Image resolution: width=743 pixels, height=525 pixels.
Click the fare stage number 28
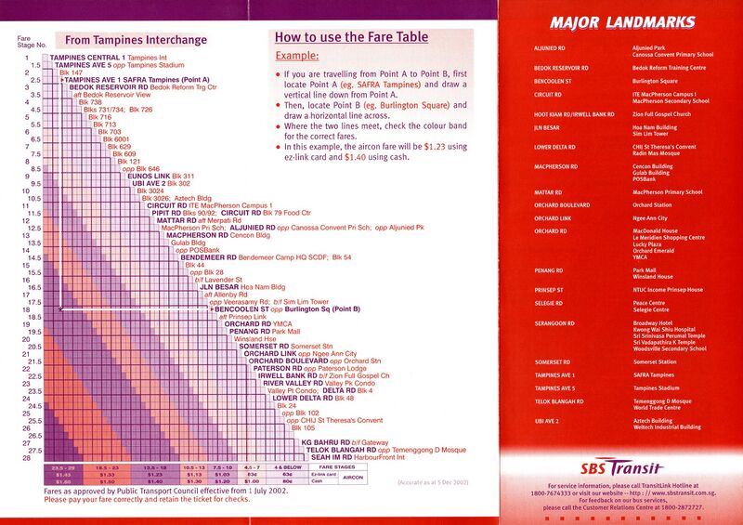click(x=28, y=458)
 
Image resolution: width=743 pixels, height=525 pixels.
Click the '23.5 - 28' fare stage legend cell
click(x=65, y=467)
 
